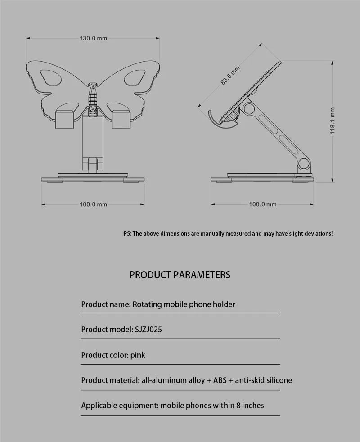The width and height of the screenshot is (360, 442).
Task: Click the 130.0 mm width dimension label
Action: tap(93, 38)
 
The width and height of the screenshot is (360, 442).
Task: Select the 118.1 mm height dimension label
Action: tap(333, 121)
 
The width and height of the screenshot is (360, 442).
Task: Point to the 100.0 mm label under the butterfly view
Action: tap(93, 205)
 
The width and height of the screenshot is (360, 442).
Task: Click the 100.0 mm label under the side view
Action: tap(263, 205)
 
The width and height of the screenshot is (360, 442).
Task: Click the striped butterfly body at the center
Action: tap(93, 95)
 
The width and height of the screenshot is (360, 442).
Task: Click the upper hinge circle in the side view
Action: tap(249, 109)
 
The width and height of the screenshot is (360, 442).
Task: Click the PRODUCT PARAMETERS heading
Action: tap(180, 275)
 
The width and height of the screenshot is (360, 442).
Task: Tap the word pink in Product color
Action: tap(138, 355)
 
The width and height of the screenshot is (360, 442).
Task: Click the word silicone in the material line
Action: tap(275, 380)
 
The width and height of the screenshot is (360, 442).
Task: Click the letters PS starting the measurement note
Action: tap(127, 234)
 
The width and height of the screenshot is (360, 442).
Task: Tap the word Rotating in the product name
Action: tap(147, 304)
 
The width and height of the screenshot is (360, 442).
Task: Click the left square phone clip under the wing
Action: tap(66, 118)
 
